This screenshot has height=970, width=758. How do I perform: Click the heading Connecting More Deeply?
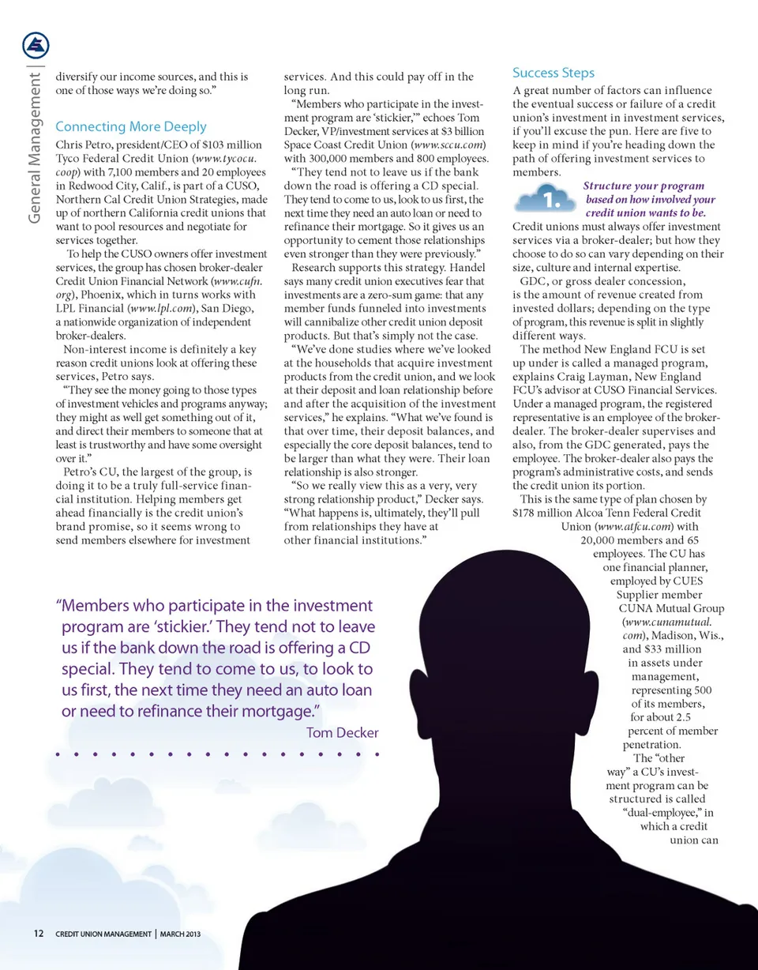click(131, 126)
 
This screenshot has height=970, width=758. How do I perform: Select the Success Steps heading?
click(553, 73)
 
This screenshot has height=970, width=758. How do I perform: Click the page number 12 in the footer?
click(38, 934)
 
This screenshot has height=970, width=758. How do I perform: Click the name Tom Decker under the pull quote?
click(342, 733)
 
